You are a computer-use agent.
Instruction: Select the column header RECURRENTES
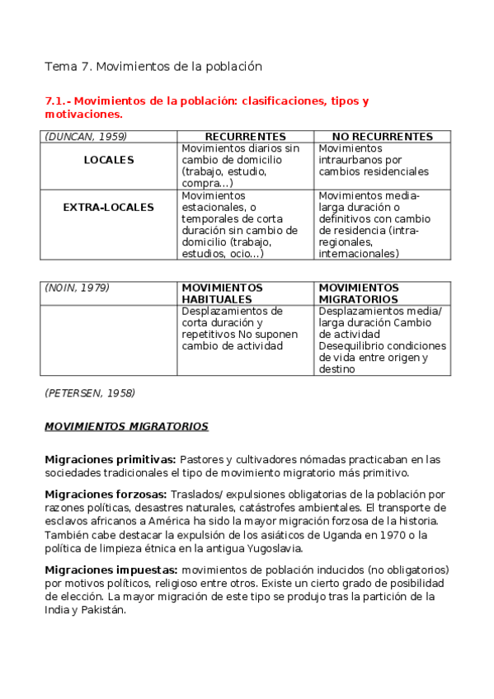245,136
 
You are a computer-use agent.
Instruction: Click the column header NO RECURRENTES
382,136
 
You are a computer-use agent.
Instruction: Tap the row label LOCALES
108,160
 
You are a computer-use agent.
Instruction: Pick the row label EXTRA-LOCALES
108,207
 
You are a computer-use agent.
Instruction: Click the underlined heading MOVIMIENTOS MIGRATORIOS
126,426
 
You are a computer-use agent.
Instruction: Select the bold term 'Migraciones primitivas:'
110,458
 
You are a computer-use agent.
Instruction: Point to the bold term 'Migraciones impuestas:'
111,570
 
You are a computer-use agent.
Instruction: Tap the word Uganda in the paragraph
333,535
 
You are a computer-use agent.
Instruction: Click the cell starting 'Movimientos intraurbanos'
374,160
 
